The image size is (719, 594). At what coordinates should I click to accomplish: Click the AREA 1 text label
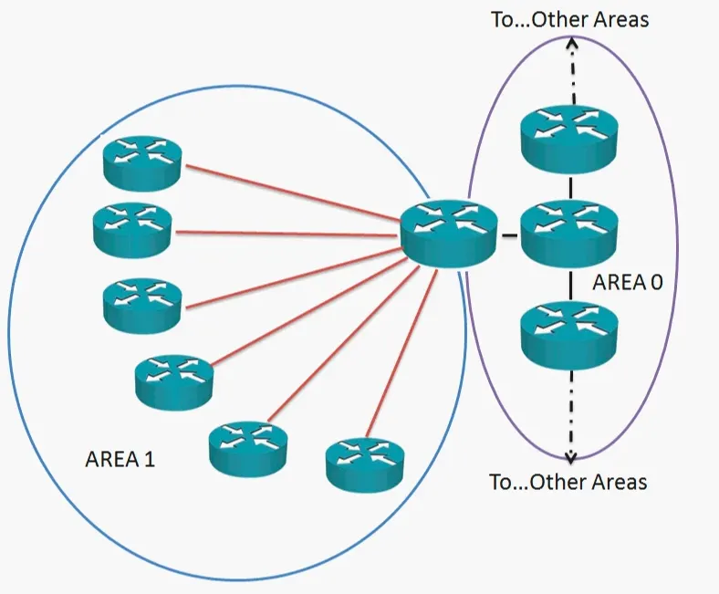point(120,459)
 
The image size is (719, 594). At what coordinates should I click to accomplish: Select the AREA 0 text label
point(627,282)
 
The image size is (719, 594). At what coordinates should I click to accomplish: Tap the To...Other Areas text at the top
point(569,19)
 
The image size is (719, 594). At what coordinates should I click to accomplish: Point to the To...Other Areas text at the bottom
point(568,482)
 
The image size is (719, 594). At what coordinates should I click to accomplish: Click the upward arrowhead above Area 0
point(571,43)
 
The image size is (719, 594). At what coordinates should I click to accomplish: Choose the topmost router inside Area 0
point(570,137)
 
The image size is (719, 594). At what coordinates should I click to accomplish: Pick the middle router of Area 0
point(570,233)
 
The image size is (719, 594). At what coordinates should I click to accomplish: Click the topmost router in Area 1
point(141,162)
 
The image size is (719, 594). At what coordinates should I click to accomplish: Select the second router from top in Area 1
point(132,230)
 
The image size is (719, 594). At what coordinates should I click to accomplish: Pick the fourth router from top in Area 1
point(173,379)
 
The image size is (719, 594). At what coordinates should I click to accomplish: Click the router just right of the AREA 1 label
point(247,447)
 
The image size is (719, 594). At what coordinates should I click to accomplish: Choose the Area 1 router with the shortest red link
point(365,461)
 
